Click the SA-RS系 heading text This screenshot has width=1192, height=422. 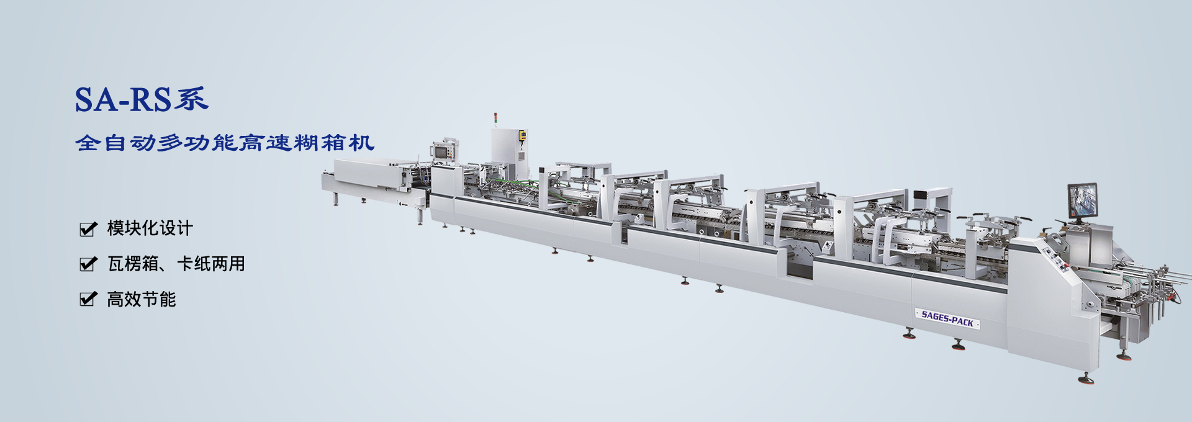tap(142, 100)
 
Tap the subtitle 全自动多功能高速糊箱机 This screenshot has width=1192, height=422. tap(225, 143)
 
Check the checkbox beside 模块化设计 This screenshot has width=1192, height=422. tap(89, 229)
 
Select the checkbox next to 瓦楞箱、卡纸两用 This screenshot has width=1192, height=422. tap(89, 264)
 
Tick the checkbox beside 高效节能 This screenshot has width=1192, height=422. tap(89, 300)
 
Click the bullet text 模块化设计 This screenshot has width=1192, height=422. tap(150, 228)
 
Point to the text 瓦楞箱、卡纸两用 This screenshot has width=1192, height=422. tap(176, 264)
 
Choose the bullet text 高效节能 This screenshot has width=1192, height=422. tap(142, 300)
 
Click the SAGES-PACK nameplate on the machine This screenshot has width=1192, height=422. tap(947, 319)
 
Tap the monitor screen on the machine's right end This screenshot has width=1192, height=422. tap(1082, 200)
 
